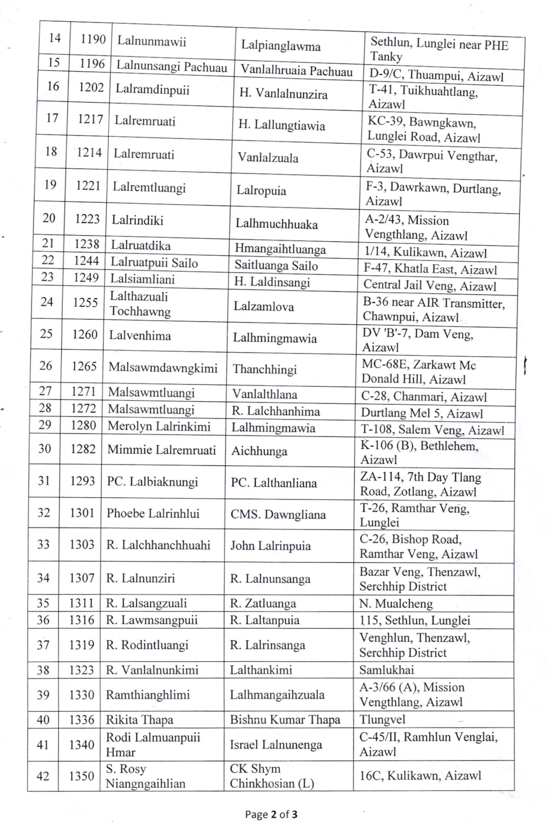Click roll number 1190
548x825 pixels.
click(93, 39)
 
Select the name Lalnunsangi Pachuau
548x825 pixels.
click(172, 67)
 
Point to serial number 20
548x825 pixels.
click(49, 218)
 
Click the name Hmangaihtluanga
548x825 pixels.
click(280, 249)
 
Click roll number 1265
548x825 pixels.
click(84, 366)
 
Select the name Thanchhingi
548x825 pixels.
click(264, 369)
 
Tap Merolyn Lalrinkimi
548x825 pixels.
click(159, 426)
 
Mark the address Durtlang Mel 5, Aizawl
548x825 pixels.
click(422, 413)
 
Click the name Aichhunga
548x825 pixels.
click(259, 451)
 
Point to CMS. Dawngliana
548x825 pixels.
click(278, 514)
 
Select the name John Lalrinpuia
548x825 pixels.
click(270, 546)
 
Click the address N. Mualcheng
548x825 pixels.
click(396, 603)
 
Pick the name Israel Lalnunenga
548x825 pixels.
click(276, 745)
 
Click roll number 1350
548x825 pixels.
click(81, 776)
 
